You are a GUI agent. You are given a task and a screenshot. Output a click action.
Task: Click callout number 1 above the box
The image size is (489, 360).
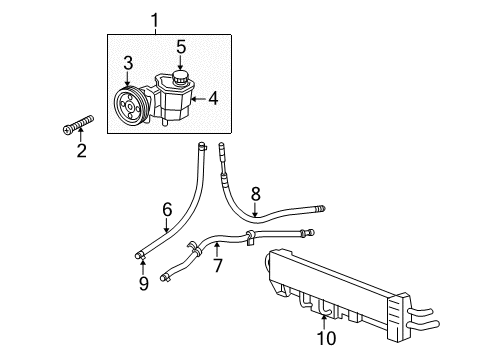[x=155, y=18]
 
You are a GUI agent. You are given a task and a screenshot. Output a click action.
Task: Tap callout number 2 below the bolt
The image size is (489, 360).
[x=82, y=151]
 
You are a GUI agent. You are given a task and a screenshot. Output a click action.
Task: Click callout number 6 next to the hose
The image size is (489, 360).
[x=167, y=209]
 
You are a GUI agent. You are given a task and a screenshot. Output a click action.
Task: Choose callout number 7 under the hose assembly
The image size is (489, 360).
[x=218, y=267]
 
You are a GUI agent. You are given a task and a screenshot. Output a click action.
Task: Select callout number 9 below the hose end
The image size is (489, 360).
[x=144, y=285]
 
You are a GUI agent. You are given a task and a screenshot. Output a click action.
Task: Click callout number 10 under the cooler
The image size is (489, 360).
[x=326, y=338]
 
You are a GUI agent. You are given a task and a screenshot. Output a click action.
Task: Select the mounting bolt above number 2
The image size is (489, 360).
[x=78, y=126]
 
